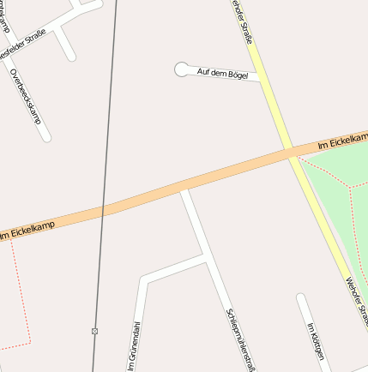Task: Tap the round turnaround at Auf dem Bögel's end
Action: pyautogui.click(x=181, y=69)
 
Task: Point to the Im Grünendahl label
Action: pyautogui.click(x=134, y=346)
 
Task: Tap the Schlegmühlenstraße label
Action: pyautogui.click(x=239, y=339)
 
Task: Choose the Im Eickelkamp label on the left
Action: pyautogui.click(x=28, y=228)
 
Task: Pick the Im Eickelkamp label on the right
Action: pyautogui.click(x=341, y=141)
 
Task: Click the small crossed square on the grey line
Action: pyautogui.click(x=94, y=330)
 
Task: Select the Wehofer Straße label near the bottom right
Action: pyautogui.click(x=356, y=296)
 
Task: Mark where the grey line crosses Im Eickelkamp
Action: pyautogui.click(x=106, y=207)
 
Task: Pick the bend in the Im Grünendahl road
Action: pyautogui.click(x=142, y=279)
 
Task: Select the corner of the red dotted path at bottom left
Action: pyautogui.click(x=30, y=343)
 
